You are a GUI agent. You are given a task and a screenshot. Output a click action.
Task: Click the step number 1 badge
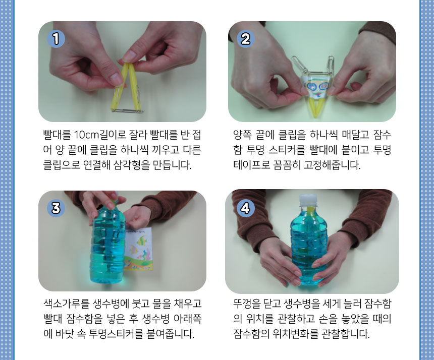56,39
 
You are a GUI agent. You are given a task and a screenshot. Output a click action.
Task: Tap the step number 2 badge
245,39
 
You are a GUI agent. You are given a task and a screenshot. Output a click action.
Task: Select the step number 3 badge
56,208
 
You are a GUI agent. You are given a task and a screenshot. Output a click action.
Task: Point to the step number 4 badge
245,208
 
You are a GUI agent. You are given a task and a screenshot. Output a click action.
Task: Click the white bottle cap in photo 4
308,200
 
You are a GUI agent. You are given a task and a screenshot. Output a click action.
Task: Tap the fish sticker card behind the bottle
138,248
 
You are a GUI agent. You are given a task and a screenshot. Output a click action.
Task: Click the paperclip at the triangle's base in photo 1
127,111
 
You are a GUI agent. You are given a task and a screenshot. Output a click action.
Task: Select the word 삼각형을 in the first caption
132,165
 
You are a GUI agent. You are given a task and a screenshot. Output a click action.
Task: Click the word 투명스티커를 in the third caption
116,334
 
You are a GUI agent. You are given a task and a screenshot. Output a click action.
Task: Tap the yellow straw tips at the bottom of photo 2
315,108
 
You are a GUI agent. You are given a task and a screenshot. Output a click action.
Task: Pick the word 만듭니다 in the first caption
172,165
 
